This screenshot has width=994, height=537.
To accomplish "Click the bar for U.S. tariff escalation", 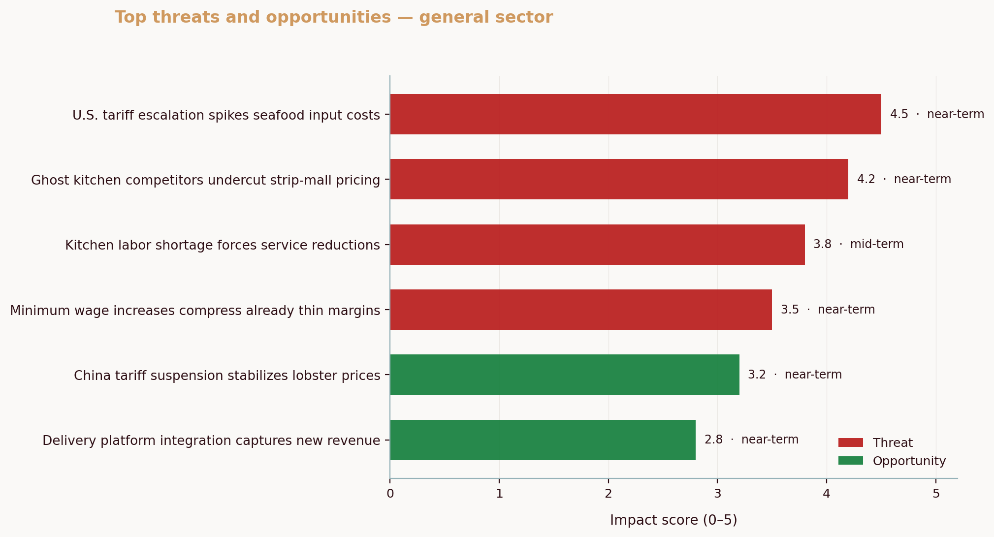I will coord(635,114).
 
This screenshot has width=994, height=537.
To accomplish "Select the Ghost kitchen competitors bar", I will coord(619,179).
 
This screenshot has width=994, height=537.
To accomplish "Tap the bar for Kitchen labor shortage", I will coord(597,245).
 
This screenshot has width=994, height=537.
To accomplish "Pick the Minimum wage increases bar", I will coord(581,310).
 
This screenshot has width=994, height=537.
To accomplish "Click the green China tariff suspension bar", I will coord(565,375).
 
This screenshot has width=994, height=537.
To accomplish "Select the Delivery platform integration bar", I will coord(543,440).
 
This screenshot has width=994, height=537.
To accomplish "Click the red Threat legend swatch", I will coord(850,442).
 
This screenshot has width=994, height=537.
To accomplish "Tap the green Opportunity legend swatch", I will coord(850,461).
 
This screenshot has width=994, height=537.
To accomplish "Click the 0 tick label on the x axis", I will coord(390,493).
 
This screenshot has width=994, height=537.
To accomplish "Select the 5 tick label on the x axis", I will coord(935,493).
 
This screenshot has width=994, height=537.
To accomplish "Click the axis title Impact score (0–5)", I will coord(673,520).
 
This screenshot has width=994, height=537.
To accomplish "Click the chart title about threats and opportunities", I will coord(334,17).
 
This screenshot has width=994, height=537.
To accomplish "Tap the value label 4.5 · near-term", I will coord(936,114).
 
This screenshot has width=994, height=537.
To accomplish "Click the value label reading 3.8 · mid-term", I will coord(858,244).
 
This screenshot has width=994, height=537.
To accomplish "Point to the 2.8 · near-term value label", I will coord(751,440).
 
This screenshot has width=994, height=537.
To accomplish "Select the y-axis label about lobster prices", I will coord(227,376).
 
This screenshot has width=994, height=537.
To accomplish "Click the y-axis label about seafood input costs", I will coord(226,115).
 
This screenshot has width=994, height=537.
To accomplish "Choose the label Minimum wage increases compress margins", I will coord(195,311).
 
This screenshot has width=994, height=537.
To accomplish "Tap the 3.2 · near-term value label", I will coord(794,375).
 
